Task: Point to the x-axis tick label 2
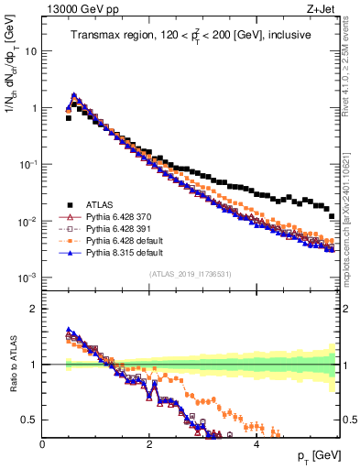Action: [x=149, y=443]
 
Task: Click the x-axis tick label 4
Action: [x=256, y=443]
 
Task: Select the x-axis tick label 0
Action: [x=43, y=443]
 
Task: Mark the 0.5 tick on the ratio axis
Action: [x=30, y=420]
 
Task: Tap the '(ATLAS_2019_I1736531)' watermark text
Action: [x=190, y=275]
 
